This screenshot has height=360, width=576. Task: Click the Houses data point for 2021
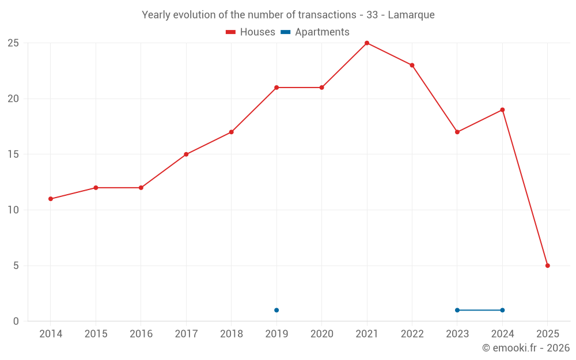pyautogui.click(x=367, y=43)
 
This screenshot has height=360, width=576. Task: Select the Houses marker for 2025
pyautogui.click(x=547, y=266)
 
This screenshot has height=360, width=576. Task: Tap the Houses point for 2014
pyautogui.click(x=51, y=199)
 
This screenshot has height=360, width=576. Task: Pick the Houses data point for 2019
pyautogui.click(x=276, y=88)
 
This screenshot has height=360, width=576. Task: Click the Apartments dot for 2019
pyautogui.click(x=276, y=310)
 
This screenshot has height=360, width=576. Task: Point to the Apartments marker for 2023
pyautogui.click(x=457, y=310)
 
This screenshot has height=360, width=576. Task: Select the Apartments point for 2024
pyautogui.click(x=502, y=310)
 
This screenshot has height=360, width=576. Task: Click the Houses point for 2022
pyautogui.click(x=412, y=65)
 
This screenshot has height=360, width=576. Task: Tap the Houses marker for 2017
pyautogui.click(x=186, y=154)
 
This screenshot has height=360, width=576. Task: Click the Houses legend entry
pyautogui.click(x=251, y=32)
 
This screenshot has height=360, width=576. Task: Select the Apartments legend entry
pyautogui.click(x=315, y=32)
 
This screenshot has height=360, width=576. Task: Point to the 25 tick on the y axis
pyautogui.click(x=13, y=43)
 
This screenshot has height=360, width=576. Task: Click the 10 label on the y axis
pyautogui.click(x=13, y=210)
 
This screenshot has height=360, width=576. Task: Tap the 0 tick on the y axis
pyautogui.click(x=16, y=321)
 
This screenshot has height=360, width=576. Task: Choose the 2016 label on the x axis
pyautogui.click(x=141, y=334)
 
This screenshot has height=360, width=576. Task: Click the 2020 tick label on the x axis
pyautogui.click(x=321, y=334)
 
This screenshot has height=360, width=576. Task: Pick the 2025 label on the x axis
pyautogui.click(x=547, y=334)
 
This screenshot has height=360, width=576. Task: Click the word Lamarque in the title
pyautogui.click(x=411, y=14)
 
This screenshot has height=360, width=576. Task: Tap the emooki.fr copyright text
pyautogui.click(x=525, y=348)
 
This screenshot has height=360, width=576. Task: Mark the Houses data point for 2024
pyautogui.click(x=502, y=109)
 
